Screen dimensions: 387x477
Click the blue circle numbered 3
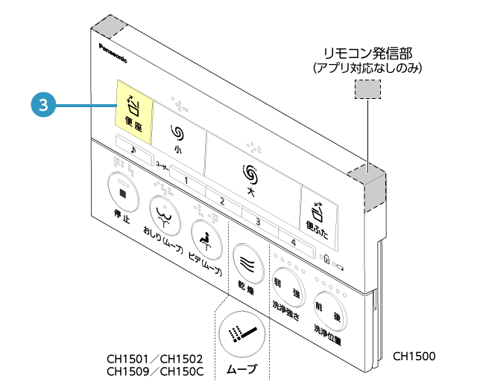[43, 105]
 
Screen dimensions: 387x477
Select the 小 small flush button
[177, 138]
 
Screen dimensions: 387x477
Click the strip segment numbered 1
[186, 181]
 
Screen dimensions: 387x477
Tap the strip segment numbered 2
[221, 201]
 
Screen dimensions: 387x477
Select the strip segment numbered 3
[258, 221]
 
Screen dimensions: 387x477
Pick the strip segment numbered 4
[294, 241]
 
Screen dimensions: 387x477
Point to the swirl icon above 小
[177, 132]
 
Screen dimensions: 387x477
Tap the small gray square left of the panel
[123, 193]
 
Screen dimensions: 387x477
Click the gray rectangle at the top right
[367, 89]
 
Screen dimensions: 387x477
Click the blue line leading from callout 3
[86, 106]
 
